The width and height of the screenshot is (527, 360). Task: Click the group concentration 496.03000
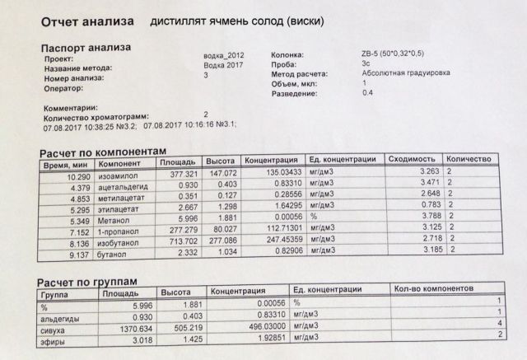(x=256, y=327)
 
